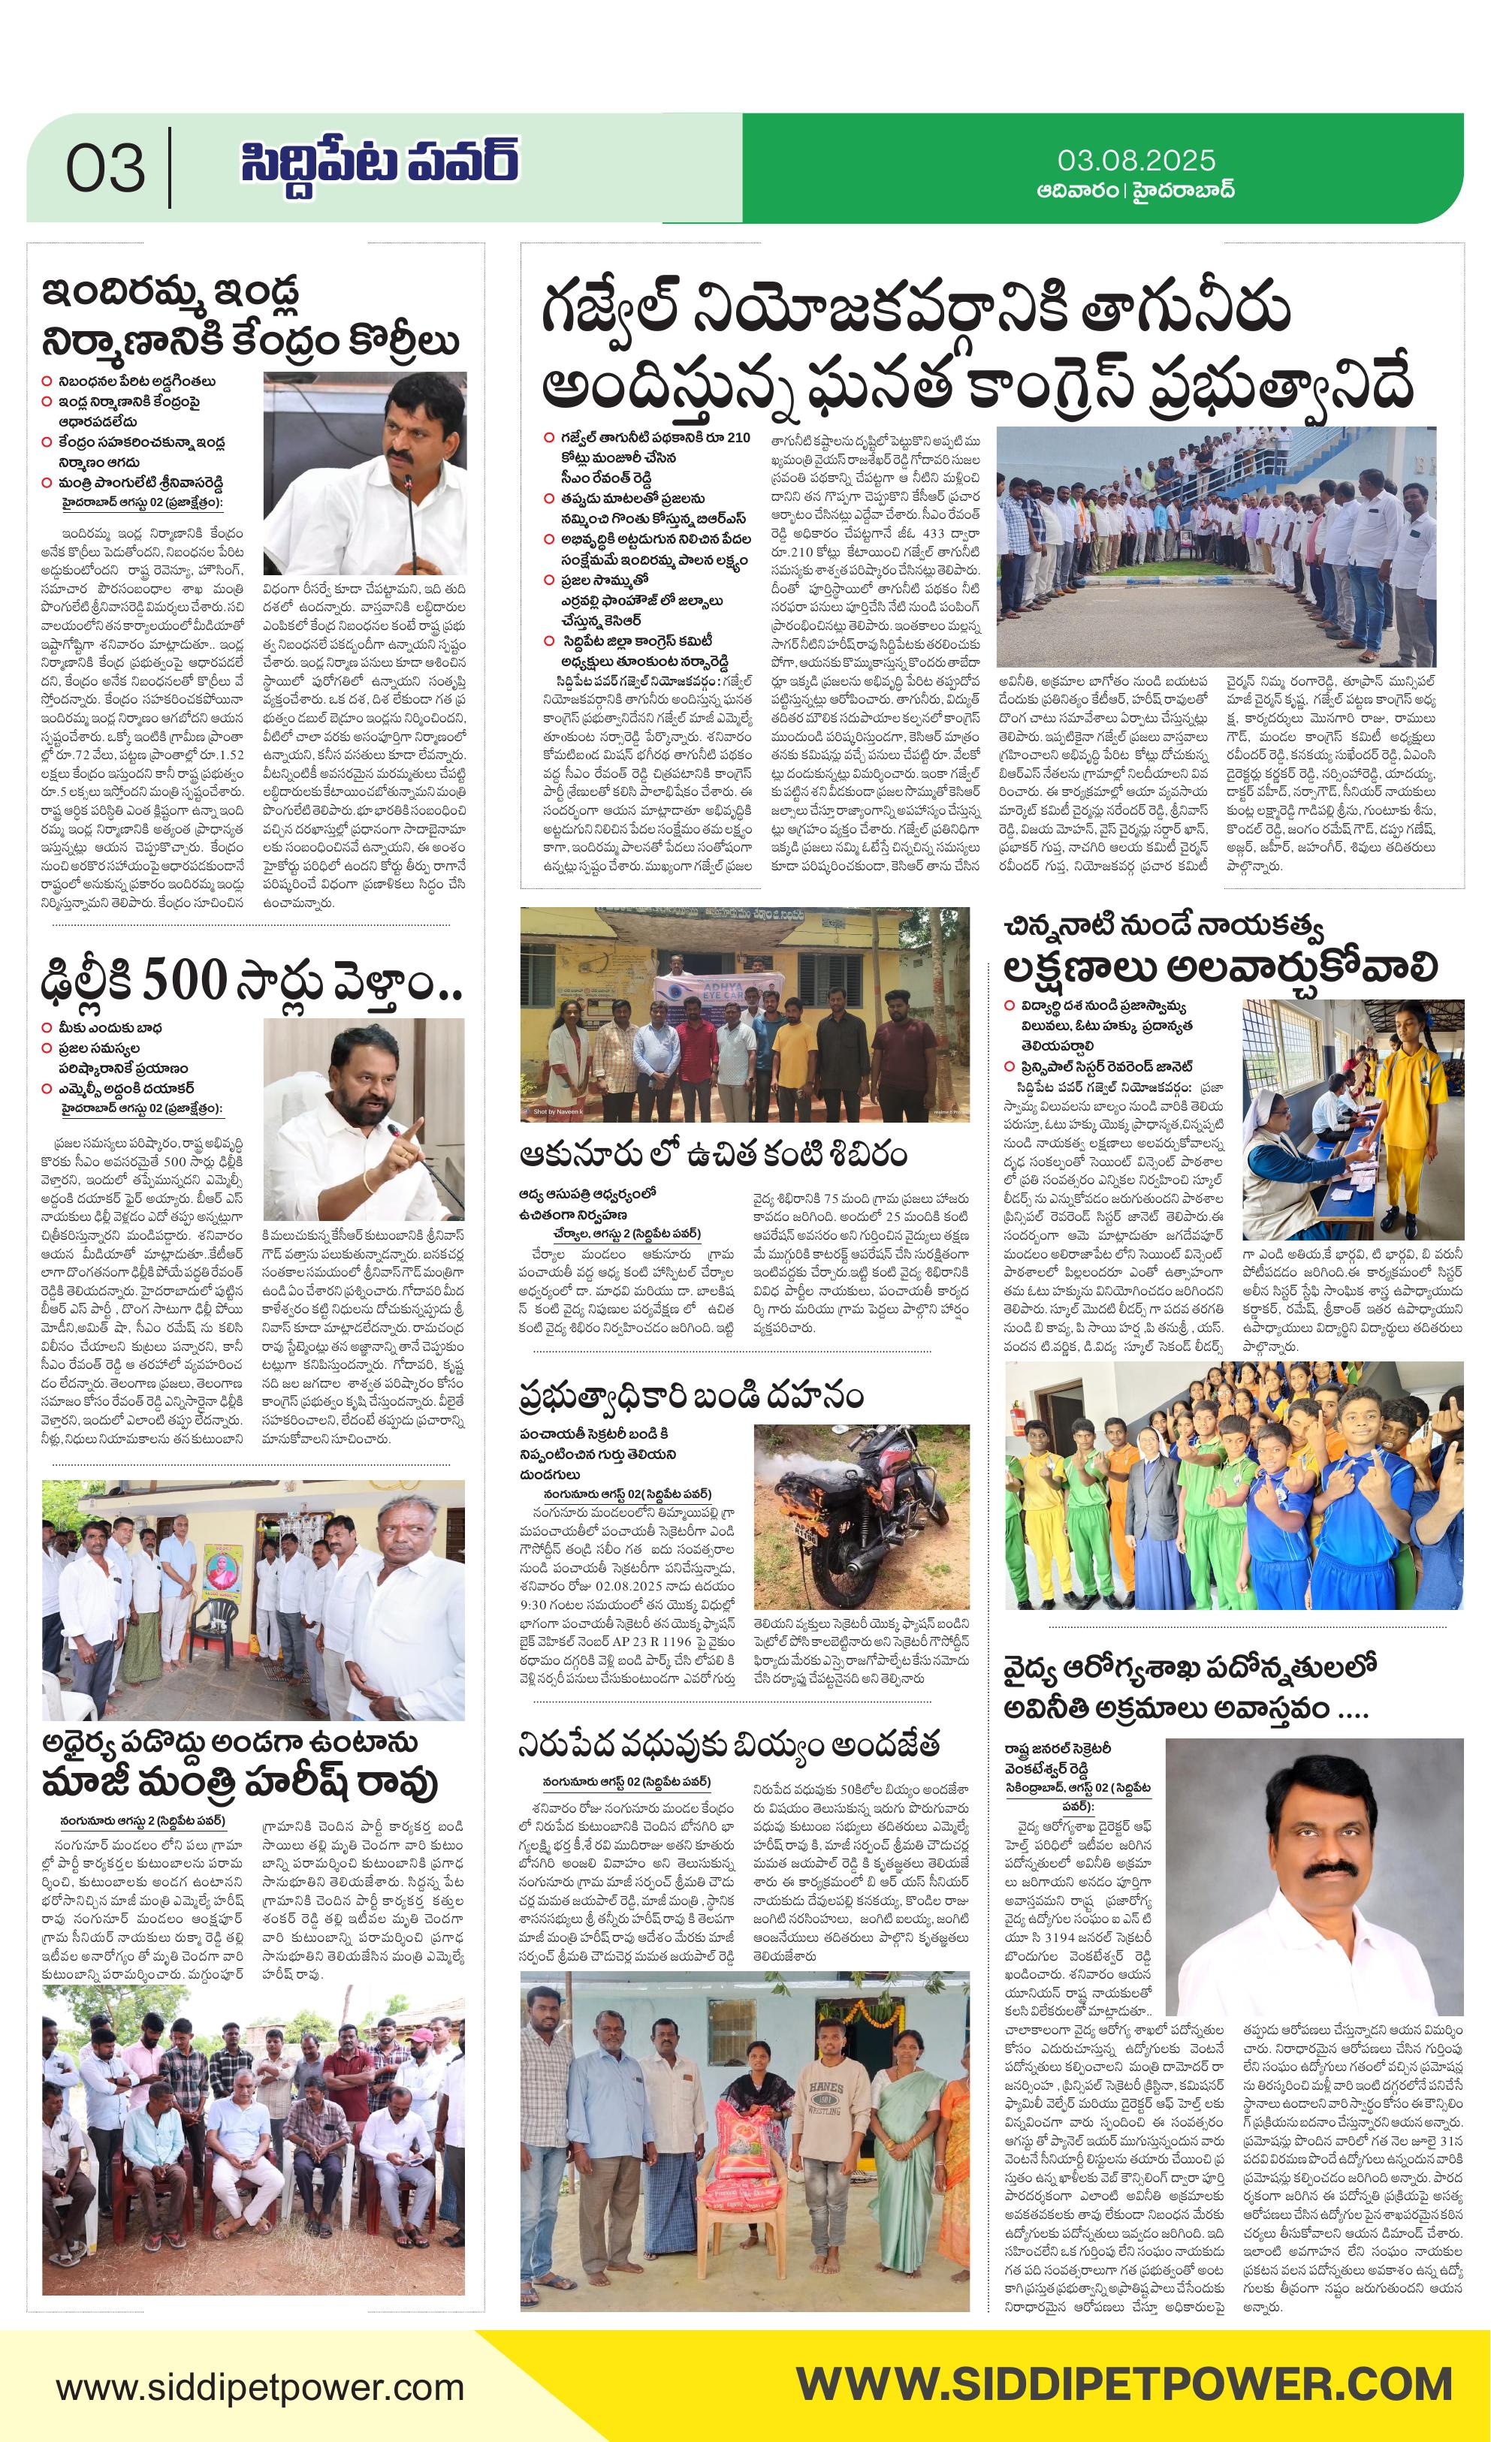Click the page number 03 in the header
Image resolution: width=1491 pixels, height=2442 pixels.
coord(105,168)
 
